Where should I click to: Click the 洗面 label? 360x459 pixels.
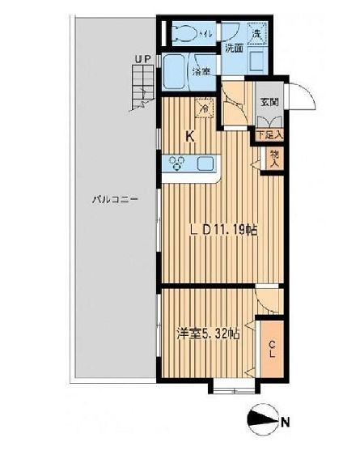(x=234, y=49)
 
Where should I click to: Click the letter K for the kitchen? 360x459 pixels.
(x=191, y=136)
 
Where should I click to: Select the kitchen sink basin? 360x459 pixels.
(x=207, y=164)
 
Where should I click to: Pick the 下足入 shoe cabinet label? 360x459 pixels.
(x=269, y=134)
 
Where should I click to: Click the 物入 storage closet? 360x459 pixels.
(x=274, y=159)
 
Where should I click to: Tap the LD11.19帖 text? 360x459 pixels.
(x=223, y=230)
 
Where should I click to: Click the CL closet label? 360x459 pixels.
(x=272, y=349)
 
